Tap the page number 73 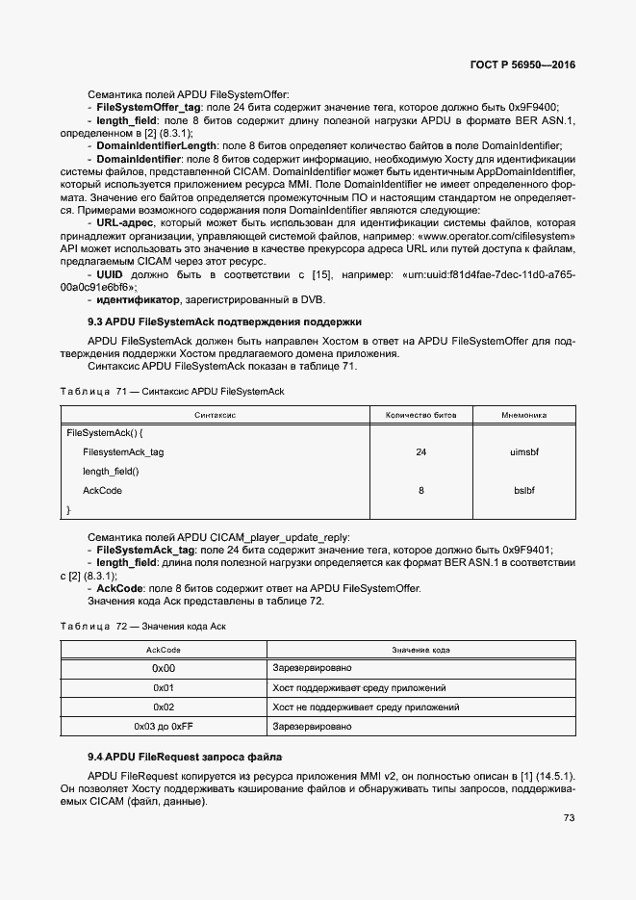coord(569,818)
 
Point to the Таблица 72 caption coord(148,627)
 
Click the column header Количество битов coord(421,415)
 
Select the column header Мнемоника coord(524,415)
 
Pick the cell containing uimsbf coord(524,451)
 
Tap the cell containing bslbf coord(524,490)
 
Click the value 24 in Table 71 coord(421,451)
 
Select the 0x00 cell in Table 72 coord(164,668)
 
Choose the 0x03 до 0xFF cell coord(164,726)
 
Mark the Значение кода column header coord(420,650)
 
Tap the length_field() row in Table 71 coord(111,471)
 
